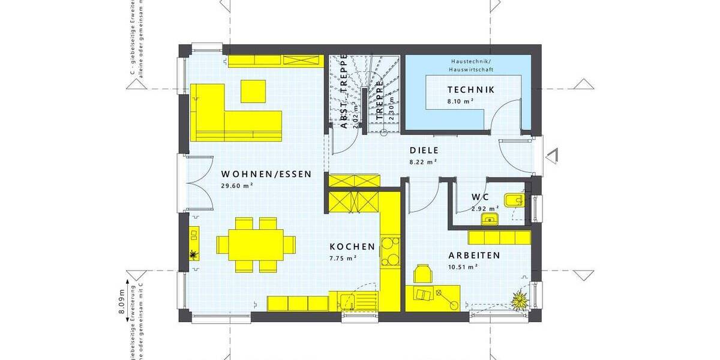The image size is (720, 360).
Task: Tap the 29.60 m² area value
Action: (x=236, y=186)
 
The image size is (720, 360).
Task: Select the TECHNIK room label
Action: (x=471, y=90)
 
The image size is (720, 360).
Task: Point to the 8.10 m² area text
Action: (x=460, y=102)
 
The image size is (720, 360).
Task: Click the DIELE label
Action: (x=424, y=151)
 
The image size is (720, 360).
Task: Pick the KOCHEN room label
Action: (x=352, y=247)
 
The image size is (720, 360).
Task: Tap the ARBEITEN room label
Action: (x=474, y=255)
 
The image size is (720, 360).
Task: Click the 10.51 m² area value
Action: (x=463, y=267)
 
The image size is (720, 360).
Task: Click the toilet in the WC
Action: (x=515, y=200)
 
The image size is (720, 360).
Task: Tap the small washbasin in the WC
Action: (x=490, y=219)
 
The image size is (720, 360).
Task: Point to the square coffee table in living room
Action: (x=253, y=91)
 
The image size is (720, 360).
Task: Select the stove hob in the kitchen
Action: (x=391, y=251)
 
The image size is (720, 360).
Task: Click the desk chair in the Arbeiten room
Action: (x=424, y=273)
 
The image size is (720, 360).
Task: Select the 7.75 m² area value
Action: (x=343, y=259)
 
